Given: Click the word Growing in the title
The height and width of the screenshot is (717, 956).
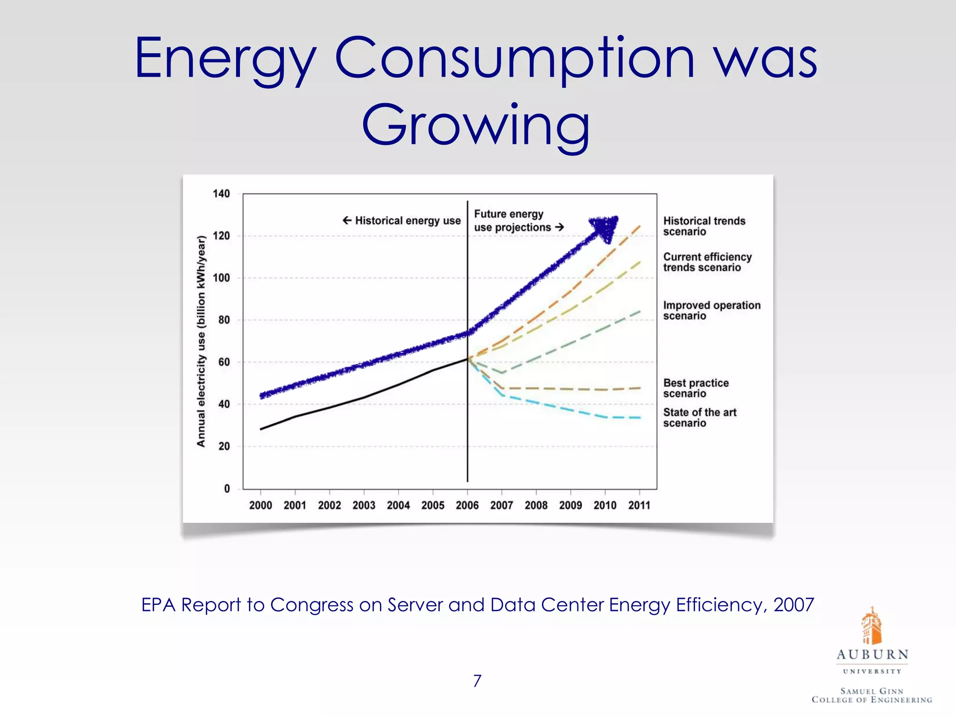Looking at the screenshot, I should coord(476,125).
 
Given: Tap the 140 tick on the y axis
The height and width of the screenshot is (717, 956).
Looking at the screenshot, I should coord(221,194).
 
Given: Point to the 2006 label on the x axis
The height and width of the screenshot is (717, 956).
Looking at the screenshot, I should coord(467,505).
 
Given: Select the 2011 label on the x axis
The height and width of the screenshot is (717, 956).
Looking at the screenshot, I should coord(639,505).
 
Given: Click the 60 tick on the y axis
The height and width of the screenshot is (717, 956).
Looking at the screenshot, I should coord(224,362).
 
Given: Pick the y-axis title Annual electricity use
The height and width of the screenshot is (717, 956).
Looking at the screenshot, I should coord(201,341).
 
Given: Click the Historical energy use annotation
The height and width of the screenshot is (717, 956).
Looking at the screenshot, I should coord(402,220).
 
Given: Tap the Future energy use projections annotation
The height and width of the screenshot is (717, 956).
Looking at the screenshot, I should coord(518,221).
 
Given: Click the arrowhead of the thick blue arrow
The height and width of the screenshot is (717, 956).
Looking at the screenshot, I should coord(605,228).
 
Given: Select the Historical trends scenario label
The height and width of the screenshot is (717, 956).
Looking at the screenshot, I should coord(704,226).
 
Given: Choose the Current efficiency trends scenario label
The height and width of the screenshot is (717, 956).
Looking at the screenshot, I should coord(707,262).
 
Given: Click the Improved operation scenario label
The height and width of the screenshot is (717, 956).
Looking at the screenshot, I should coord(711,310).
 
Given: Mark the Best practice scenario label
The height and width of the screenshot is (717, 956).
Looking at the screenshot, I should coord(696,388).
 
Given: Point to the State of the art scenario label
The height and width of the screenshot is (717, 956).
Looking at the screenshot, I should coord(699,417).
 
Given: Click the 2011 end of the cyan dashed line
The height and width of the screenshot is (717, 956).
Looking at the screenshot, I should coord(639,417).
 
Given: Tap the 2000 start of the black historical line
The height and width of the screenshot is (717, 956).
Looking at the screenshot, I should coord(261,429).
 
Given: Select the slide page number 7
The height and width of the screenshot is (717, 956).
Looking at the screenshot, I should coord(477,681).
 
